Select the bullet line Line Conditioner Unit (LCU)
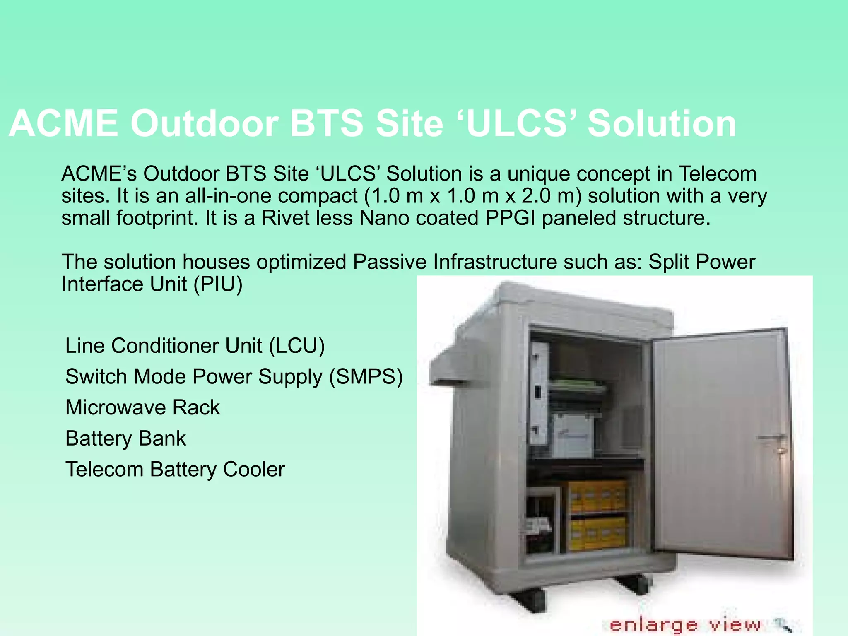195,346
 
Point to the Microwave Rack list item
142,407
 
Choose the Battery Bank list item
125,438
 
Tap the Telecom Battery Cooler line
175,470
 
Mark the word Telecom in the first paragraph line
717,174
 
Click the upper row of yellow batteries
597,497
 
